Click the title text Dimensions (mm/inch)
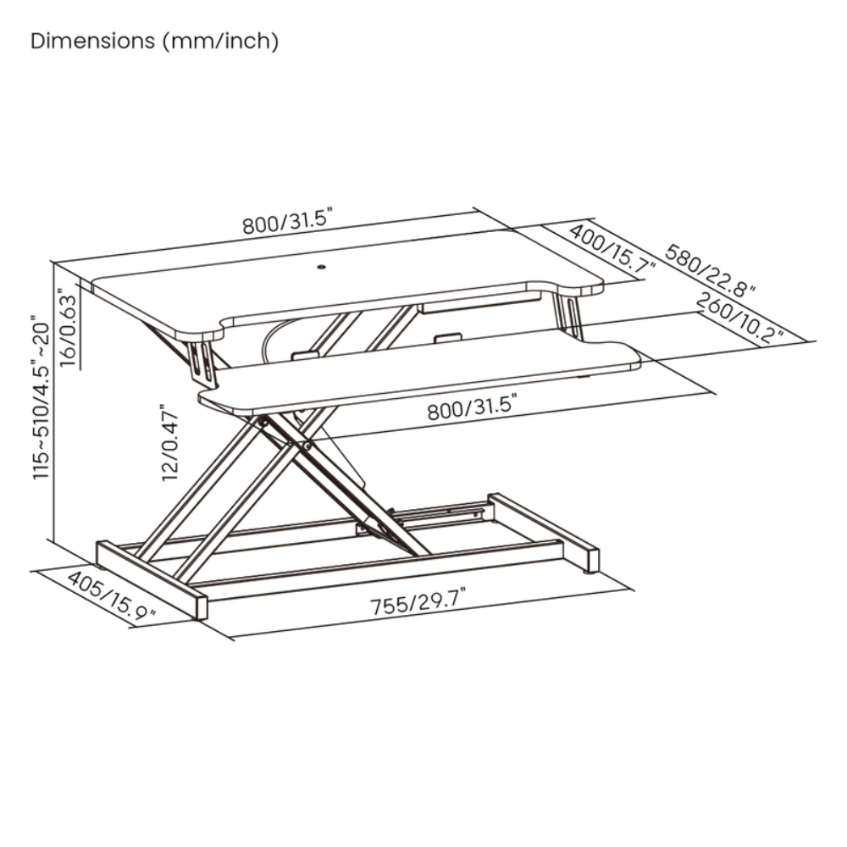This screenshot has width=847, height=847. [x=154, y=42]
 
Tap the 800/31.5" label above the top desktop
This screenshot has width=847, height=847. [x=287, y=220]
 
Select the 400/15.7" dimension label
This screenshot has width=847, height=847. [x=612, y=249]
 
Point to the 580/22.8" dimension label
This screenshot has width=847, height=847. [x=709, y=269]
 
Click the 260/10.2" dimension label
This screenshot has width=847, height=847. [x=739, y=318]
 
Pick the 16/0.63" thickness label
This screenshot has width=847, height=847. [x=69, y=329]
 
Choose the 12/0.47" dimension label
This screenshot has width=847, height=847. [x=169, y=442]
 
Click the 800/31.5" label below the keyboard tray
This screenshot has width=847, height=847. [x=472, y=407]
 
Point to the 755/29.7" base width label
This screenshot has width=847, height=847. [x=418, y=601]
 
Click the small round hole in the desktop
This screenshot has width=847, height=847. [x=322, y=266]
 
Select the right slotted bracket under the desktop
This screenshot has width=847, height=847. [x=569, y=316]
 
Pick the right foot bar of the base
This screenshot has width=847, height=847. [x=544, y=533]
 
